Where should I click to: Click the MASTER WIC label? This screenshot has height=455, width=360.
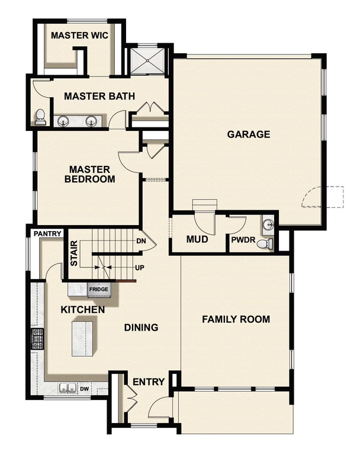click(x=79, y=36)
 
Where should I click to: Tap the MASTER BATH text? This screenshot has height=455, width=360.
click(x=99, y=96)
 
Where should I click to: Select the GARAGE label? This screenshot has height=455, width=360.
click(x=249, y=134)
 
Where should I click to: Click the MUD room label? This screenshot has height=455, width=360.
click(x=196, y=240)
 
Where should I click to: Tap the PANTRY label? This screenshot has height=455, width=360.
click(x=47, y=234)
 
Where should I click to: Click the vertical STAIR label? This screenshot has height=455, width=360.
click(x=75, y=252)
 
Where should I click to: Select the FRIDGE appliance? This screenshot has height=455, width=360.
click(x=98, y=290)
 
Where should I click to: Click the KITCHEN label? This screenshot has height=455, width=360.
click(x=83, y=309)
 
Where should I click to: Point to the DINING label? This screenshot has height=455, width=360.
click(x=141, y=327)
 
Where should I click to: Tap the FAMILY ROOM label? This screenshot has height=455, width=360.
click(x=236, y=319)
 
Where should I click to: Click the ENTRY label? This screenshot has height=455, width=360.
click(x=148, y=382)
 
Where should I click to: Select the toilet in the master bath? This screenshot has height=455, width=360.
click(x=40, y=117)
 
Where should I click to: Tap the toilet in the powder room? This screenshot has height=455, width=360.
click(x=267, y=243)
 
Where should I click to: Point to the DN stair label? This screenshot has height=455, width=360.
click(x=141, y=241)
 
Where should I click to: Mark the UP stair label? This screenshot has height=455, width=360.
click(x=140, y=268)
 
